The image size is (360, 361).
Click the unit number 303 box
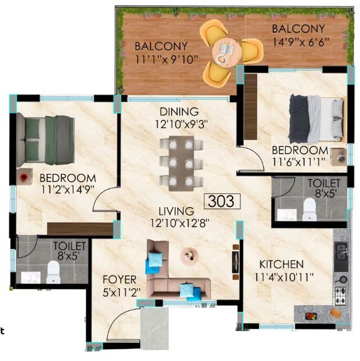222,201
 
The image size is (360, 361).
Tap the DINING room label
179,112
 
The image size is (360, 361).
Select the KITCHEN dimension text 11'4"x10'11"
284,277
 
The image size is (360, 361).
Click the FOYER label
120,279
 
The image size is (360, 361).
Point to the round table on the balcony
226,52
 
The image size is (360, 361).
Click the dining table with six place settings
181,164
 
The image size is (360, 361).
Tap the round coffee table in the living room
190,255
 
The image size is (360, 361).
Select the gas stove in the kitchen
340,295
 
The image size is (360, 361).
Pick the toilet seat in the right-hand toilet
310,209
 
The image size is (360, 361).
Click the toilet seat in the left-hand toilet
53,272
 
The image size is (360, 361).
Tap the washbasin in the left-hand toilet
31,278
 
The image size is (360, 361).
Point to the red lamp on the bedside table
24,177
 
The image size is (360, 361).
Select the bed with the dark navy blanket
317,120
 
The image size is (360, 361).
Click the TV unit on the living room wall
235,262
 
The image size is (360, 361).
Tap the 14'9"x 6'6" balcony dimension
301,42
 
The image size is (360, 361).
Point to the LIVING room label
176,211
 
